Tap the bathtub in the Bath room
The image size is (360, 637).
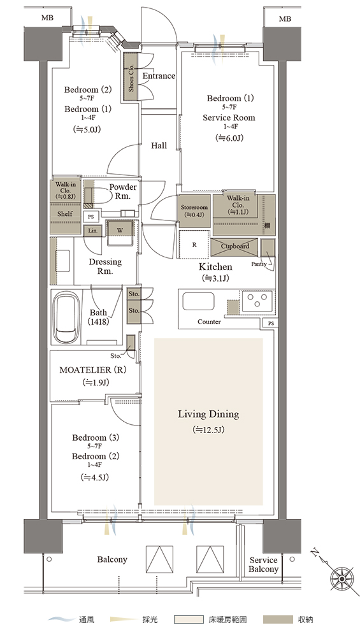tap(67, 318)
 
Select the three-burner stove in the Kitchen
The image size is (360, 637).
tap(258, 301)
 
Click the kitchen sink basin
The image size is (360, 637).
tap(198, 301)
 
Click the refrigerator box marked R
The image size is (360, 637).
tap(194, 245)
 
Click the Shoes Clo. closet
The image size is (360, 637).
tap(131, 77)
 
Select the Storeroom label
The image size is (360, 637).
tap(194, 207)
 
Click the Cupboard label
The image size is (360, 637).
tap(235, 246)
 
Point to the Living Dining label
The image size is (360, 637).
tap(208, 415)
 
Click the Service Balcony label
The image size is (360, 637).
tap(263, 564)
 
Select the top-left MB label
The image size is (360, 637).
tap(47, 18)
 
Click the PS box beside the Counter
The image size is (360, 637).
tap(271, 323)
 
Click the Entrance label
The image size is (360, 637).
tap(159, 76)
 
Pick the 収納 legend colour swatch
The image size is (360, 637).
tap(278, 620)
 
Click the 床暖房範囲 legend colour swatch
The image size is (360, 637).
tap(189, 620)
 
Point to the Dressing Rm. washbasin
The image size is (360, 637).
tap(62, 261)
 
